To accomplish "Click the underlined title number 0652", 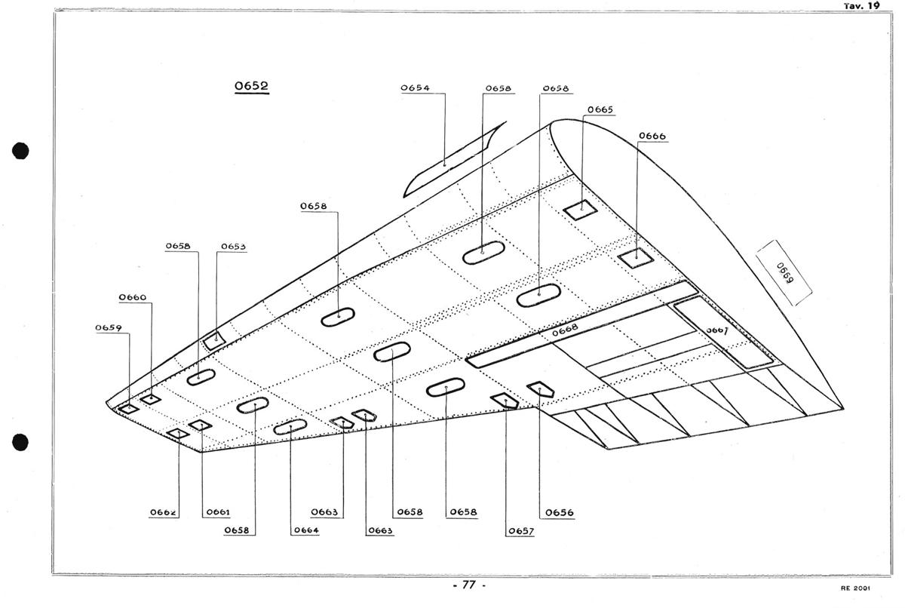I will (x=251, y=86).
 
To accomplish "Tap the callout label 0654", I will (x=415, y=88).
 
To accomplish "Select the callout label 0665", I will (x=600, y=109).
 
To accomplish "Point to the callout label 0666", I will (x=652, y=136).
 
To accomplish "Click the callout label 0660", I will (x=132, y=298).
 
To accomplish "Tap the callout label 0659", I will (x=109, y=328).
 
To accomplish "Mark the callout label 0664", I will (x=305, y=530).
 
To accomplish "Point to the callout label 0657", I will (x=520, y=530).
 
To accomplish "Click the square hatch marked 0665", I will (x=581, y=209).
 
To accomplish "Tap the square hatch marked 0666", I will (x=635, y=258).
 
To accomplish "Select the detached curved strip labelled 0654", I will (x=449, y=161).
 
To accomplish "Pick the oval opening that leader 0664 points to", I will (x=290, y=427).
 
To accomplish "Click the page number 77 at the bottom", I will (x=468, y=585).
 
